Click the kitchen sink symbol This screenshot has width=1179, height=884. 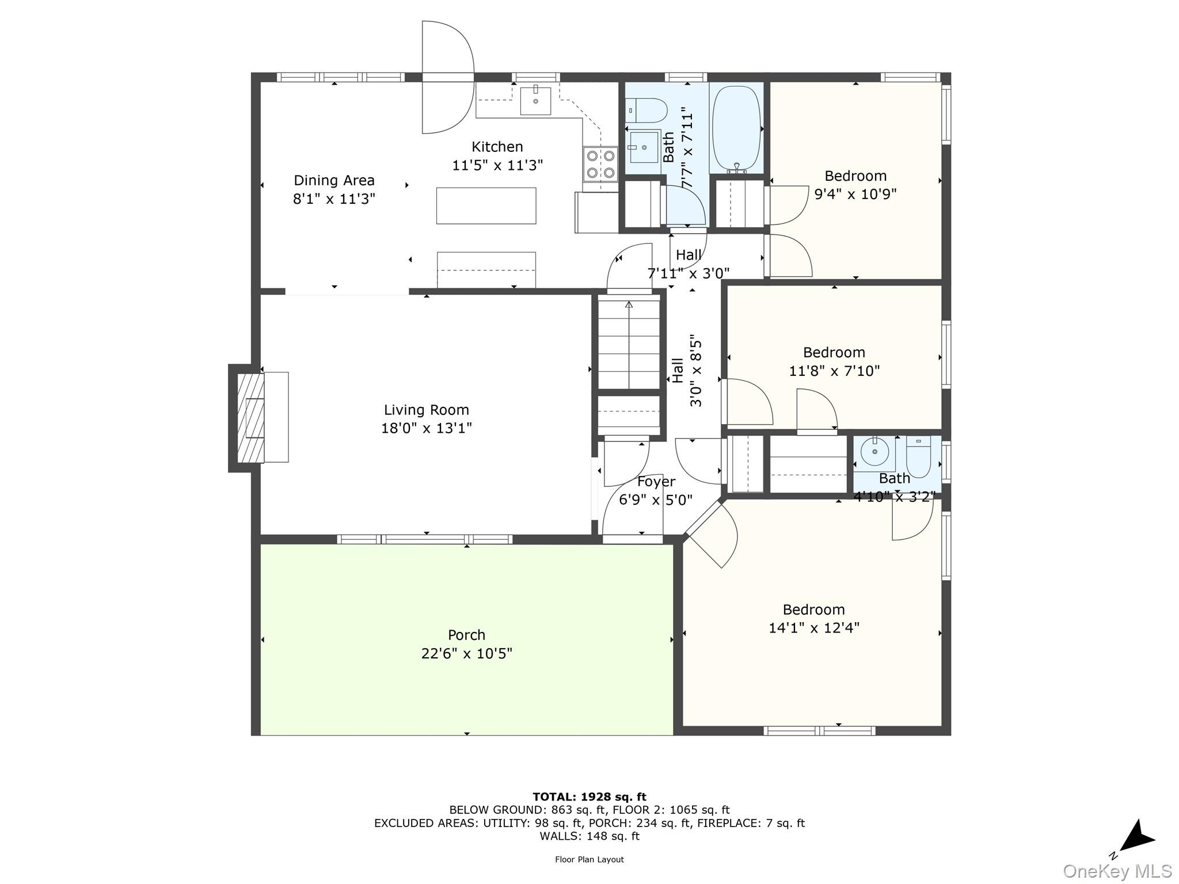coord(535,101)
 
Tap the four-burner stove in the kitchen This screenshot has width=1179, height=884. coord(600,164)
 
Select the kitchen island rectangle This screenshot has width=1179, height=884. coord(486,205)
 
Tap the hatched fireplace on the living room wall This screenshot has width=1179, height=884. coord(250,418)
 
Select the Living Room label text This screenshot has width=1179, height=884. coord(427,410)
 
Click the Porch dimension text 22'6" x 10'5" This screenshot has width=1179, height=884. coord(466,653)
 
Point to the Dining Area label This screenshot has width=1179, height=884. coord(334,180)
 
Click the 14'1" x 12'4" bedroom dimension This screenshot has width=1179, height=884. coord(814,627)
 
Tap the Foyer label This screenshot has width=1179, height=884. coord(656,482)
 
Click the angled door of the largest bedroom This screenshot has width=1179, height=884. coord(712,535)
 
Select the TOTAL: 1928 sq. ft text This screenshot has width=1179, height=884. coord(589,797)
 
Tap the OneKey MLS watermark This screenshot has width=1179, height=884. coord(1117,871)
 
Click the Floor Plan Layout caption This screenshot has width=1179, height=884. coord(589,859)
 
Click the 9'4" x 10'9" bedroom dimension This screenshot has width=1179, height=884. coord(855,194)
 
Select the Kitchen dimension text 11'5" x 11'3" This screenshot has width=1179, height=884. coord(497,166)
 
